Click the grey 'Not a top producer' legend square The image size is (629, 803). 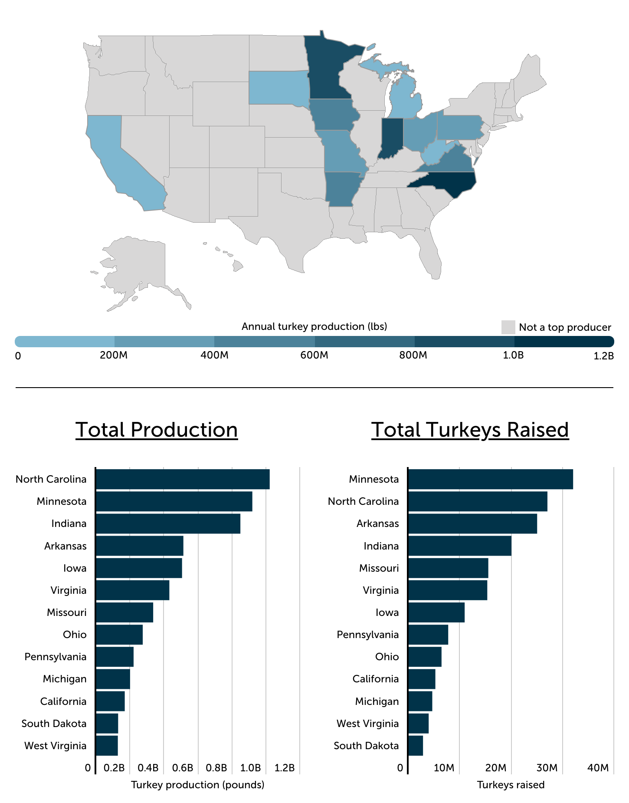[508, 327]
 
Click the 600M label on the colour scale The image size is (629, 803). [314, 355]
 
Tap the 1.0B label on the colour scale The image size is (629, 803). [513, 355]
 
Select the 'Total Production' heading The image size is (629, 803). [157, 430]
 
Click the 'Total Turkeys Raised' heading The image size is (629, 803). [470, 430]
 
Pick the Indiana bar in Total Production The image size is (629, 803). [168, 523]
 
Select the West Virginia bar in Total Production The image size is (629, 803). [107, 746]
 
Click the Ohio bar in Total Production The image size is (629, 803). [119, 635]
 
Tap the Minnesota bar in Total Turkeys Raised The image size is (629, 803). [490, 479]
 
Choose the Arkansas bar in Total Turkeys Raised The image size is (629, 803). [472, 523]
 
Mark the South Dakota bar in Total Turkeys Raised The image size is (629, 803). [416, 746]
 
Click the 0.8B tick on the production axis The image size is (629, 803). [216, 768]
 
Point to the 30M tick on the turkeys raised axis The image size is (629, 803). [547, 768]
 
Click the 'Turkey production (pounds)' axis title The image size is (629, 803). [198, 785]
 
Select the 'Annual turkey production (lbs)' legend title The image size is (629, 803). [314, 326]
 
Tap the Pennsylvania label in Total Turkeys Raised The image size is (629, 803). [367, 635]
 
